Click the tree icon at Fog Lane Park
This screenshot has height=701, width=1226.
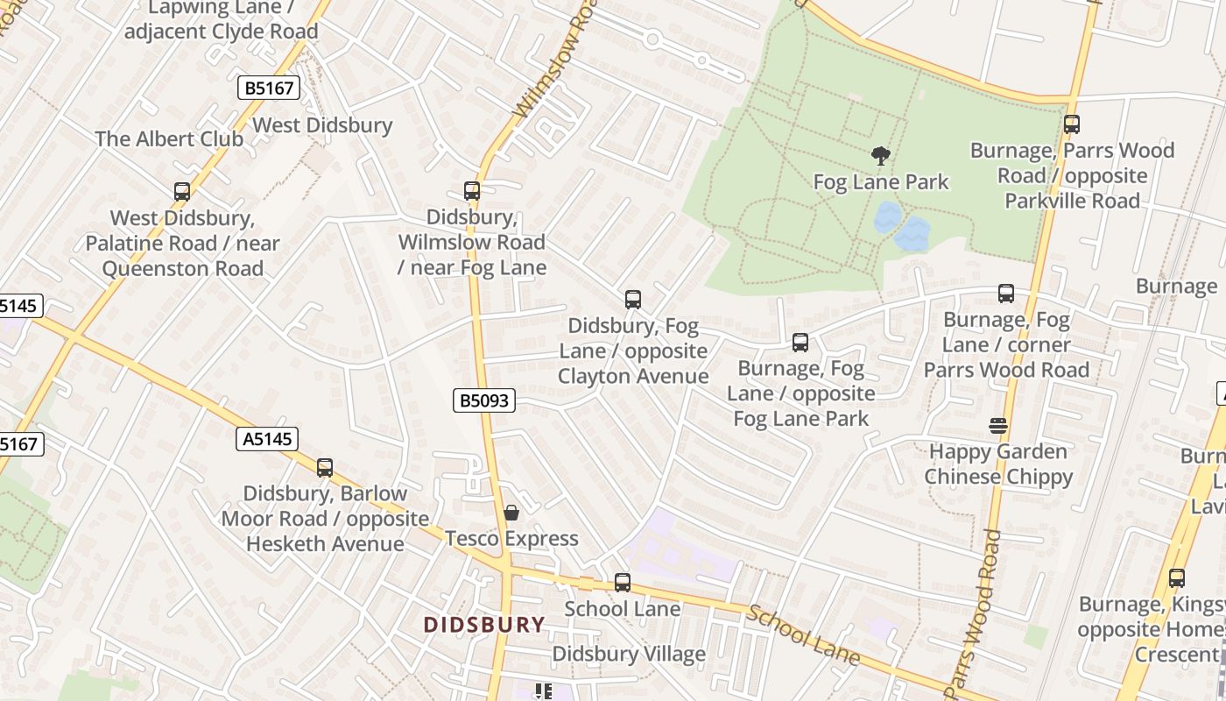click(881, 157)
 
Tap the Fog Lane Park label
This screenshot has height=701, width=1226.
click(881, 182)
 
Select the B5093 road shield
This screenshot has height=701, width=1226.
click(484, 401)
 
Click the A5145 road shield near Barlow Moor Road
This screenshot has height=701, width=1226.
click(267, 439)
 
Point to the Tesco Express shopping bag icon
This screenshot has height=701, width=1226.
click(511, 513)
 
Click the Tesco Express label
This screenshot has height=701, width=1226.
click(511, 538)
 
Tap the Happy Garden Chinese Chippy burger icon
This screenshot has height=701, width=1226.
click(998, 426)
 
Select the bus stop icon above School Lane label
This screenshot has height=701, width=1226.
click(623, 583)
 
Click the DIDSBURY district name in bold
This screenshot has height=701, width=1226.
click(484, 625)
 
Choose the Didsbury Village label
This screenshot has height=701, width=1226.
click(628, 654)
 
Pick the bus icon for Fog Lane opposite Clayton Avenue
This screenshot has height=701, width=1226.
click(633, 300)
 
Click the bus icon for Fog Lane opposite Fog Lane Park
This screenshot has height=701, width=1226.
click(800, 343)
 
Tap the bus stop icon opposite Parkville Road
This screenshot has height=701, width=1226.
click(1072, 124)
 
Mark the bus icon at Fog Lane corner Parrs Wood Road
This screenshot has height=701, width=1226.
click(1006, 294)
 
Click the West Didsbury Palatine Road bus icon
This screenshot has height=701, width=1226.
click(182, 192)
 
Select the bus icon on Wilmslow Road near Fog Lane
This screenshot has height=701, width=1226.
click(472, 191)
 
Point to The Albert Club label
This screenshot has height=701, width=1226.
click(169, 138)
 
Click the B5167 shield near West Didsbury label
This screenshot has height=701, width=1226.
click(269, 88)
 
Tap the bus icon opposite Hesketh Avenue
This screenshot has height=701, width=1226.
click(325, 468)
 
